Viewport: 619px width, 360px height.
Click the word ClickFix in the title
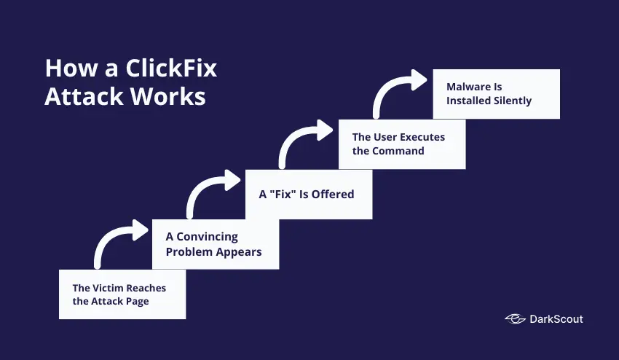coord(172,69)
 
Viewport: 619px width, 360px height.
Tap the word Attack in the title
coord(81,96)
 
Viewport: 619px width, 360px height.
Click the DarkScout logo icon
coord(515,319)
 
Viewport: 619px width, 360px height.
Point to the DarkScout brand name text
coord(556,319)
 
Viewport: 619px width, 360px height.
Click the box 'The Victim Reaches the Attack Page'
coord(122,294)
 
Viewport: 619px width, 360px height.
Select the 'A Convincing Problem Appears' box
coord(216,244)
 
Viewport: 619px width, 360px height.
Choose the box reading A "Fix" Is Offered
coord(309,195)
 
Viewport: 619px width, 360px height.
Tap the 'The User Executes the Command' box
coord(401,144)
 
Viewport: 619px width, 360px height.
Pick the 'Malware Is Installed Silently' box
coord(496,94)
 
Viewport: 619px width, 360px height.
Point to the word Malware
coord(469,87)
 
